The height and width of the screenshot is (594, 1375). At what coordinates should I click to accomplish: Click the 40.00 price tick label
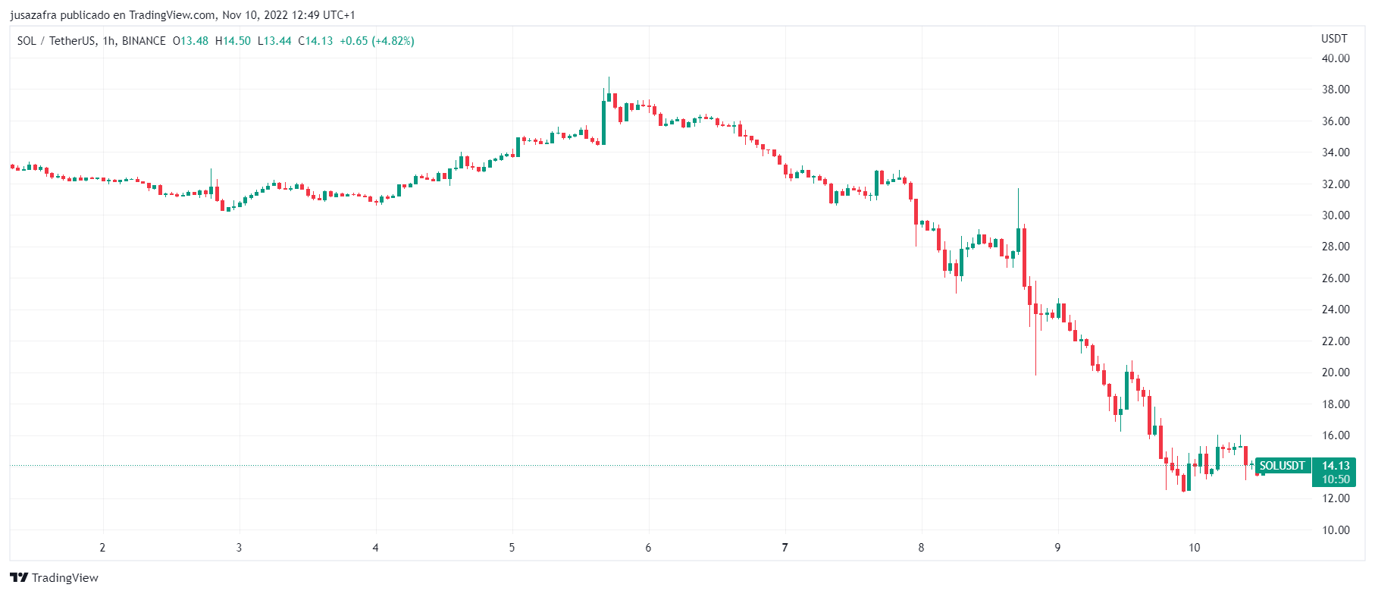click(1335, 58)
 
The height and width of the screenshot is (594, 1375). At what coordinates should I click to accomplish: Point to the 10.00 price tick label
click(1335, 530)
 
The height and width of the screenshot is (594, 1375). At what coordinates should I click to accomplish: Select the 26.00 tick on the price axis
click(1335, 278)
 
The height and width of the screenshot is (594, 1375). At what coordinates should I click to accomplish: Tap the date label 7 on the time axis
click(785, 548)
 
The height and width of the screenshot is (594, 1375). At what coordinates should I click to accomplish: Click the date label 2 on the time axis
click(102, 548)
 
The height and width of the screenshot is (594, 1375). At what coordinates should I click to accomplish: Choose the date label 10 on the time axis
click(1194, 548)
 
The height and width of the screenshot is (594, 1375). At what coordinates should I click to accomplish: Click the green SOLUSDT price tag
click(1283, 466)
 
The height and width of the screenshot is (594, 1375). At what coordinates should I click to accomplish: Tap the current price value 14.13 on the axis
click(1335, 466)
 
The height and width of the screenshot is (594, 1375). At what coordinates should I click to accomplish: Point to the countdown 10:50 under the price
click(1335, 479)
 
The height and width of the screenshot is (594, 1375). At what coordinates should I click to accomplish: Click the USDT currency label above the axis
click(1334, 39)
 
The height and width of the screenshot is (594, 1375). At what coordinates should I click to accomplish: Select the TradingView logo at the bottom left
click(54, 578)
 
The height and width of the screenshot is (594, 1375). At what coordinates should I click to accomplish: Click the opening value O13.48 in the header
click(191, 41)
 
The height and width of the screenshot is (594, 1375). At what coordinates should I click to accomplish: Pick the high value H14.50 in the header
click(233, 41)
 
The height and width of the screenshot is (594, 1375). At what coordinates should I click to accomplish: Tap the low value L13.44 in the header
click(274, 41)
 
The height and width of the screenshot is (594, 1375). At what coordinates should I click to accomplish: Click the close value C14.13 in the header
click(315, 41)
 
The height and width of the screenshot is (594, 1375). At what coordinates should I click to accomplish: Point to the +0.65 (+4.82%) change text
click(377, 41)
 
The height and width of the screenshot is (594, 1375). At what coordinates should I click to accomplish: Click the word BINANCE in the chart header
click(144, 41)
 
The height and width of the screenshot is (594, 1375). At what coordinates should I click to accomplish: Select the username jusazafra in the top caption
click(33, 15)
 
